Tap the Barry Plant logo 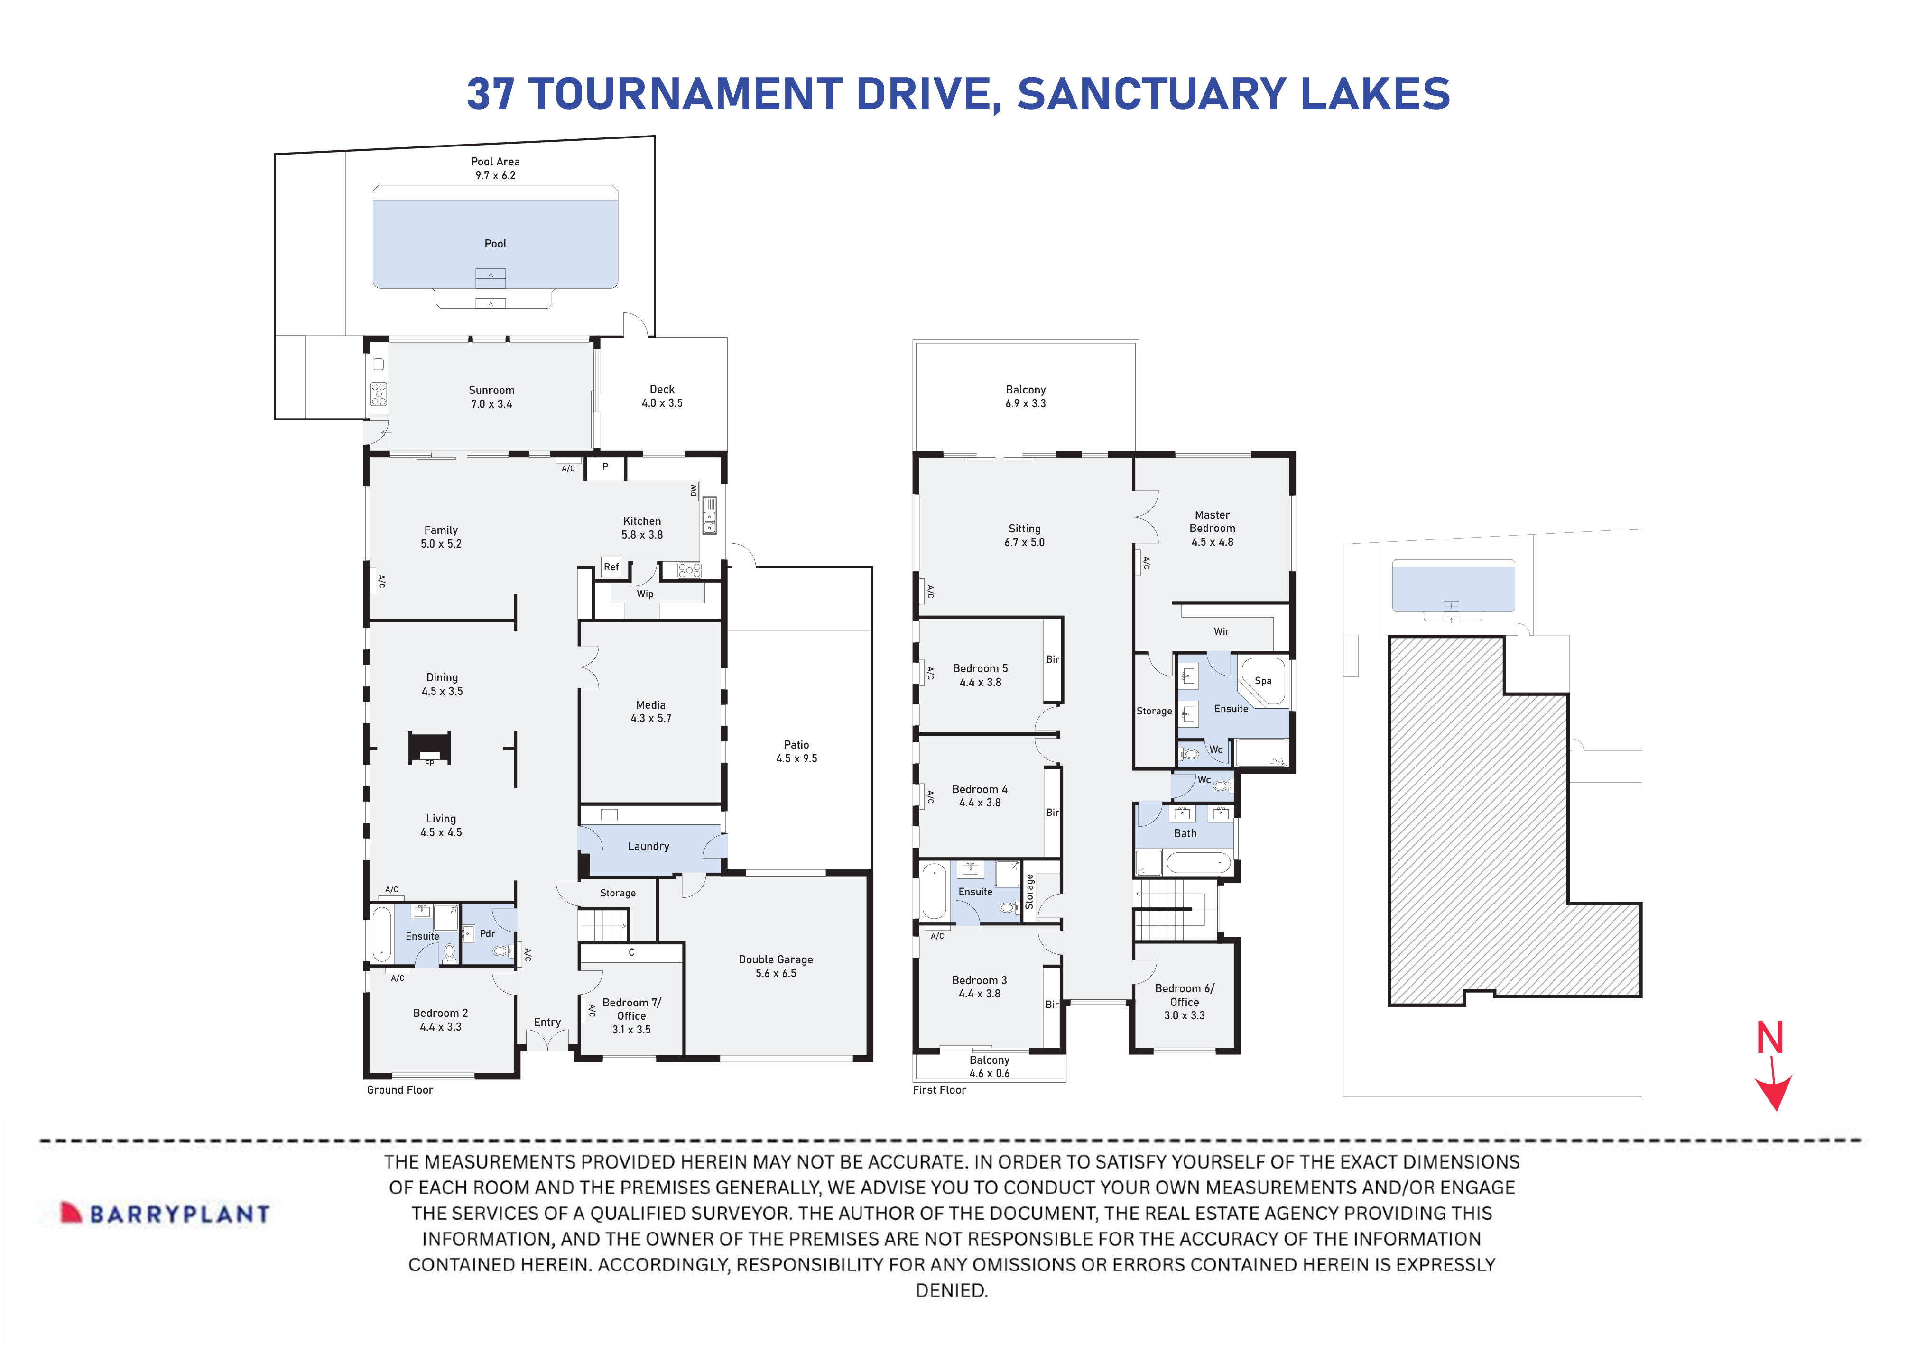pyautogui.click(x=165, y=1213)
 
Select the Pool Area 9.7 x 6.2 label pyautogui.click(x=495, y=169)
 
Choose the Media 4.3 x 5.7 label pyautogui.click(x=650, y=711)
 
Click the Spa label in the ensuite pyautogui.click(x=1262, y=680)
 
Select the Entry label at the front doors pyautogui.click(x=547, y=1023)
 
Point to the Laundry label pyautogui.click(x=648, y=846)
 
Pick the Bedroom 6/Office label pyautogui.click(x=1184, y=1002)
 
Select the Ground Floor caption pyautogui.click(x=400, y=1090)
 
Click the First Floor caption pyautogui.click(x=939, y=1090)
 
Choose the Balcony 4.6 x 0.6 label pyautogui.click(x=990, y=1067)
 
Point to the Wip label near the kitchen pyautogui.click(x=645, y=594)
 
